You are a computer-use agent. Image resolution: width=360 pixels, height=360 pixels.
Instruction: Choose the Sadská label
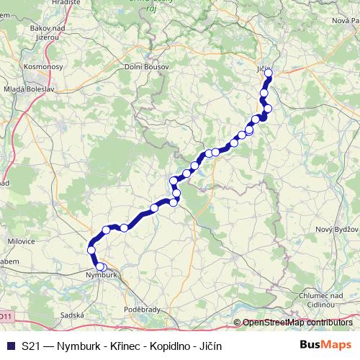[73, 315]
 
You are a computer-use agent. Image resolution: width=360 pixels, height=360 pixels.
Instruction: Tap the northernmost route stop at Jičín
[269, 72]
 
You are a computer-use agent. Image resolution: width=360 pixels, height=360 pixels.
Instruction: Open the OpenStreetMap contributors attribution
[297, 323]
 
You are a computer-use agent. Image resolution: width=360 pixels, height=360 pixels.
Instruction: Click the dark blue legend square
[10, 346]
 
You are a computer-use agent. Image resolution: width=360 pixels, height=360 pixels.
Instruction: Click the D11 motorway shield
[6, 316]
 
